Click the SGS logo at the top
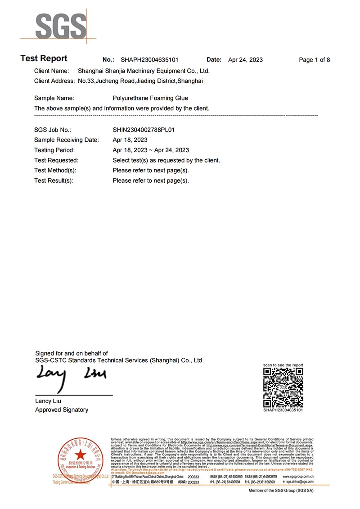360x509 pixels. pos(61,26)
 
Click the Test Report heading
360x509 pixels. pos(44,59)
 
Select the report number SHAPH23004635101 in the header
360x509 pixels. pos(149,60)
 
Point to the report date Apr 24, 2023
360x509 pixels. pos(245,60)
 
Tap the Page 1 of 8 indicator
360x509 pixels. pos(314,60)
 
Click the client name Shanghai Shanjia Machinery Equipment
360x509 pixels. pos(144,71)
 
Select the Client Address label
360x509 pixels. pos(54,81)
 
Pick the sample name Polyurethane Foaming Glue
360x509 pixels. pos(150,98)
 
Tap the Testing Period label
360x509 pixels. pos(54,150)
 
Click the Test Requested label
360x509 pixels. pos(56,160)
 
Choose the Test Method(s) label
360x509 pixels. pos(55,171)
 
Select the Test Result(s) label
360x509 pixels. pos(54,181)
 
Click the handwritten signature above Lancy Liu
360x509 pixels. pos(70,376)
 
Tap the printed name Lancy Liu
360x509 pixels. pos(48,401)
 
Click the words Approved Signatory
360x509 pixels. pos(62,410)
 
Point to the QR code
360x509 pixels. pos(283,387)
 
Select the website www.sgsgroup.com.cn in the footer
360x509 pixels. pos(298,476)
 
